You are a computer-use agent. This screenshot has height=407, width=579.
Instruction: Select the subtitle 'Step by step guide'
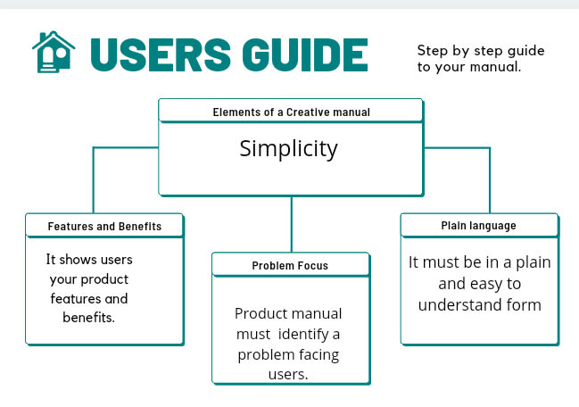tap(480, 50)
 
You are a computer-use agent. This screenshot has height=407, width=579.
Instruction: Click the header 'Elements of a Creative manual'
tap(291, 112)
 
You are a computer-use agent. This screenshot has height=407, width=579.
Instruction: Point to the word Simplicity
tap(288, 148)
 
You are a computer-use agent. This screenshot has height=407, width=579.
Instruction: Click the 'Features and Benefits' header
tap(104, 227)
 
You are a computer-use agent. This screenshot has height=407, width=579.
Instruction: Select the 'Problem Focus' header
tap(290, 266)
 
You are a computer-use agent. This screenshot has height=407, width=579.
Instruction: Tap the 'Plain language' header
tap(478, 226)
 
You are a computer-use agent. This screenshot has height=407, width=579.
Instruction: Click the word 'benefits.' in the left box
tap(88, 318)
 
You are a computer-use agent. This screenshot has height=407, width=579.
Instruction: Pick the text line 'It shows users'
tap(89, 259)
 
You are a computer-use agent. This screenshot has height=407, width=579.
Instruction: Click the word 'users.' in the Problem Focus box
tap(288, 375)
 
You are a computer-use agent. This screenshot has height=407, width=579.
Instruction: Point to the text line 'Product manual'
tap(288, 314)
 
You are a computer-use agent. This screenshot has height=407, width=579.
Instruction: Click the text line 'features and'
tap(89, 298)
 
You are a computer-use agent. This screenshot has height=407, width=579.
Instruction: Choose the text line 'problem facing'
tap(289, 354)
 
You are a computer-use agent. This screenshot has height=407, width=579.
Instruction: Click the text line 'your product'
tap(89, 278)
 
